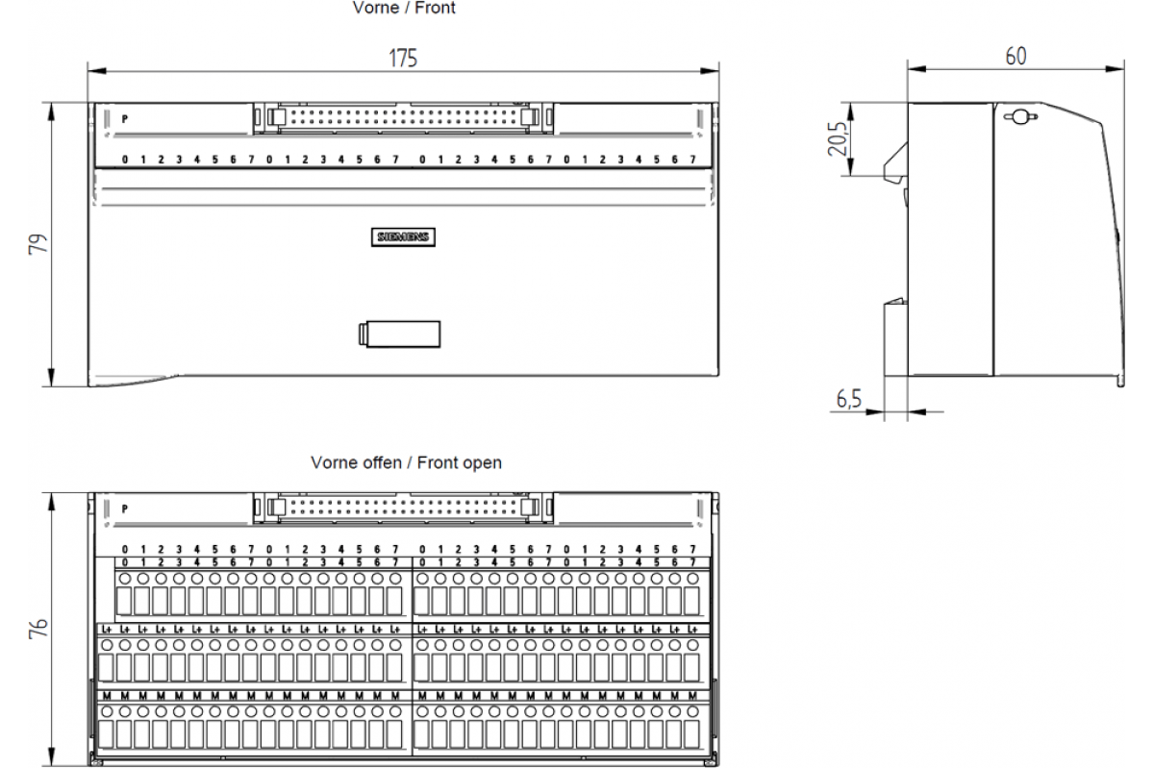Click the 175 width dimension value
(x=403, y=58)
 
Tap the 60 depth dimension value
(x=1016, y=56)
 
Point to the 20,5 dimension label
(x=838, y=138)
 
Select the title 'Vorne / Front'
(x=404, y=8)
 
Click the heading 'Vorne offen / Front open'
(x=406, y=462)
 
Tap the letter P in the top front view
(x=125, y=119)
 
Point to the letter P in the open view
(x=125, y=509)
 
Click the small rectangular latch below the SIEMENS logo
(x=399, y=334)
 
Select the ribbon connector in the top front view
(x=404, y=116)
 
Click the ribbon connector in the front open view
(x=404, y=506)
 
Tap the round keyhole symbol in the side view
(x=1017, y=117)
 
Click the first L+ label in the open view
(x=107, y=629)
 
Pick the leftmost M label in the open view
(x=107, y=695)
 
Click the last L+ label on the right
(x=692, y=629)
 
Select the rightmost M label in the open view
(x=692, y=695)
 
